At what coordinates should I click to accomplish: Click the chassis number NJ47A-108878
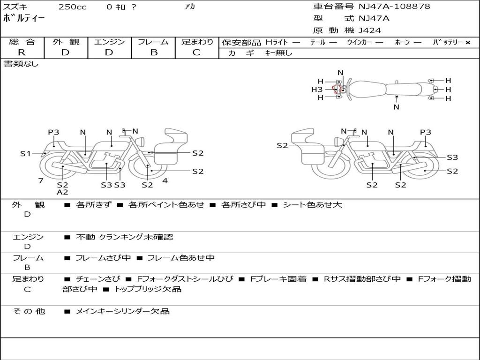[394, 7]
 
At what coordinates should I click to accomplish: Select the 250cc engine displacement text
[73, 7]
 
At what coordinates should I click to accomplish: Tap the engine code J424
[370, 30]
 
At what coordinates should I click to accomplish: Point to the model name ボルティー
[24, 19]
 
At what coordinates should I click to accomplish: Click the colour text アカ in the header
[190, 7]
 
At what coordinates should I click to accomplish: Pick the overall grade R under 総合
[22, 52]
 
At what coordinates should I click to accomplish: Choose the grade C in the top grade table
[196, 52]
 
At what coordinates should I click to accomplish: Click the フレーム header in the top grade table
[153, 42]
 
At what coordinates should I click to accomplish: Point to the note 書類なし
[21, 64]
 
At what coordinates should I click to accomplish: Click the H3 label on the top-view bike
[317, 89]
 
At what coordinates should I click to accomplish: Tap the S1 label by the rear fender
[25, 153]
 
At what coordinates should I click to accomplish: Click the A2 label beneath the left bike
[62, 192]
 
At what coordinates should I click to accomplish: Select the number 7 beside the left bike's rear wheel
[41, 180]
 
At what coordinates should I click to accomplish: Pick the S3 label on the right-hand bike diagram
[452, 157]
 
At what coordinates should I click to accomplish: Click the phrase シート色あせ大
[312, 205]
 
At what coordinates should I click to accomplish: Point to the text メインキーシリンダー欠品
[122, 311]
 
